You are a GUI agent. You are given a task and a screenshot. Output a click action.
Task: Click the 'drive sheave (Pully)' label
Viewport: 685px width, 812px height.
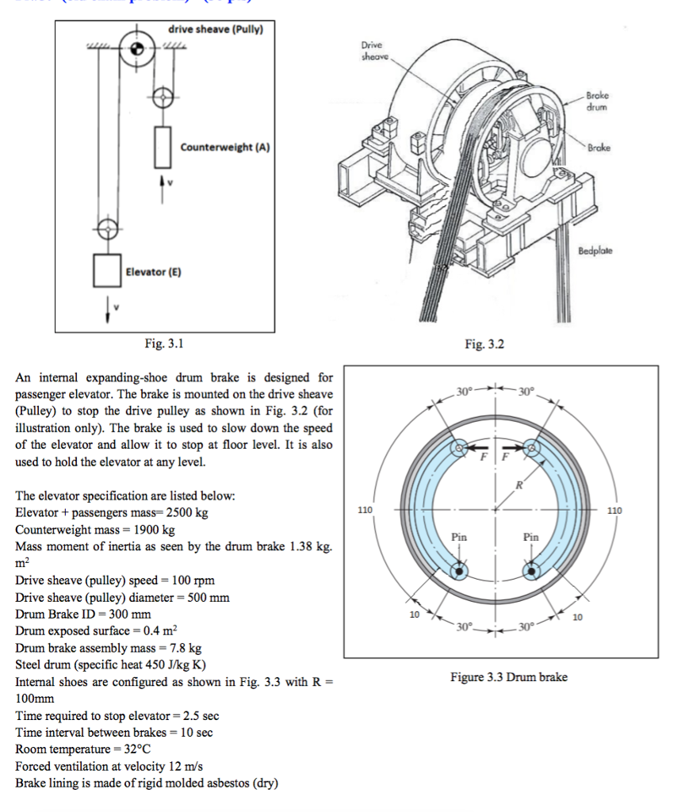pyautogui.click(x=215, y=30)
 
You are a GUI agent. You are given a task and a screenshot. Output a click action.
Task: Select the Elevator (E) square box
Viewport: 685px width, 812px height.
pyautogui.click(x=106, y=271)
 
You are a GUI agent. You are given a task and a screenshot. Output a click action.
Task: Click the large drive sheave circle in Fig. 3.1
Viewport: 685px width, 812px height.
pyautogui.click(x=137, y=49)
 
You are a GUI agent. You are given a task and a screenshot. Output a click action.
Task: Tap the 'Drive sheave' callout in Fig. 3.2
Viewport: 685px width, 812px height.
pyautogui.click(x=373, y=51)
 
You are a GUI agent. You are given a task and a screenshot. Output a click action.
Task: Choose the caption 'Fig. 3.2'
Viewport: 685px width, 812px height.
pyautogui.click(x=484, y=344)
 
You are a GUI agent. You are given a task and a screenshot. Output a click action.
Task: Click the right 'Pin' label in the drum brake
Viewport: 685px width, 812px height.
pyautogui.click(x=530, y=537)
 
